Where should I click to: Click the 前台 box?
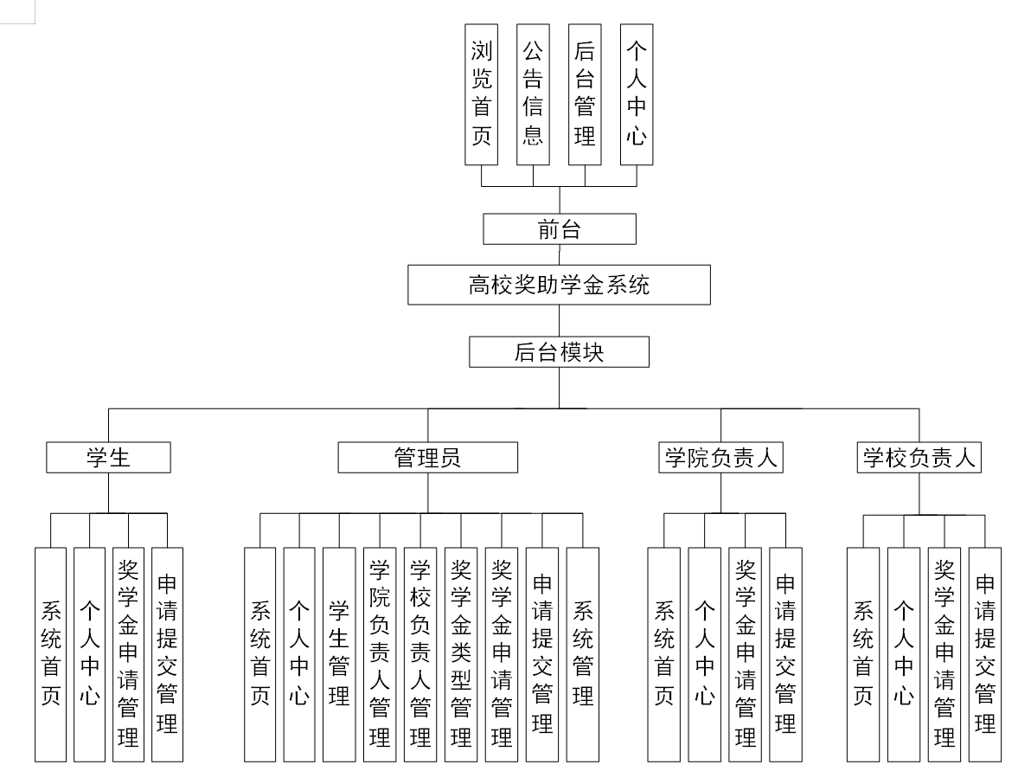pos(560,229)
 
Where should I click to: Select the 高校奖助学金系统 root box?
pos(560,285)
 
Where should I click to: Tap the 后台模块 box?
pos(560,352)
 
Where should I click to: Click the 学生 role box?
pos(108,457)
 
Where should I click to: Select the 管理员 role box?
pos(427,457)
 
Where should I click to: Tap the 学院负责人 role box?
pos(720,457)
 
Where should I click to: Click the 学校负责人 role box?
pos(919,457)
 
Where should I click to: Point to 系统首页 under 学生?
pos(50,654)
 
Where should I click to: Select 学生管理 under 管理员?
pos(339,654)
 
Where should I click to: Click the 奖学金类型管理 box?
pos(461,654)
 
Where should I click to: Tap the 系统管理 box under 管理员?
pos(582,654)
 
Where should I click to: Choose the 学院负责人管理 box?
pos(379,654)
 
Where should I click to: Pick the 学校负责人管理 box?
pos(420,654)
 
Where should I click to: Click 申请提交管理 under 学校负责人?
pos(984,654)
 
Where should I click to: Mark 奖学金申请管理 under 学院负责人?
pos(746,654)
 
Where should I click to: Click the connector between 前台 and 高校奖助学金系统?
pos(560,255)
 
